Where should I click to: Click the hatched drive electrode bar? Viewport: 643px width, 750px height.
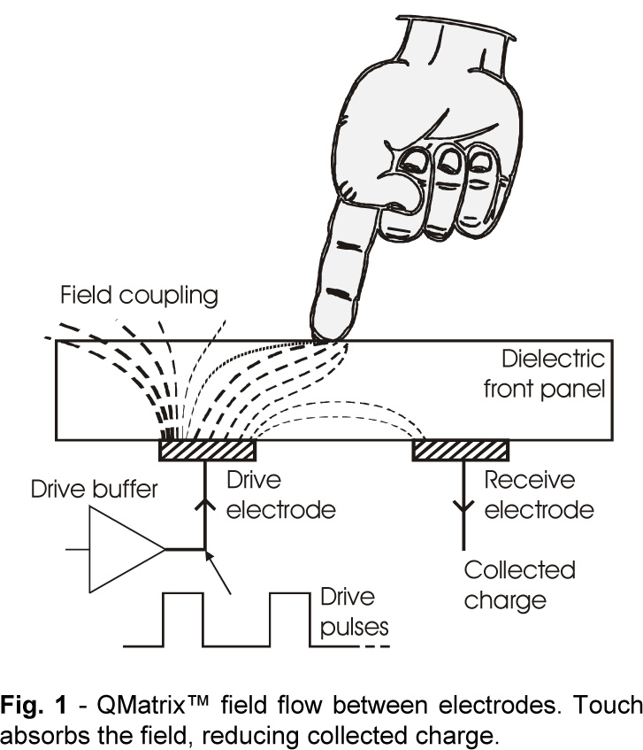[207, 450]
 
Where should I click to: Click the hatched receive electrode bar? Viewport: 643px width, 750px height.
[460, 450]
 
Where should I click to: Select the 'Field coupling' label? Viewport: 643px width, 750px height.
[139, 295]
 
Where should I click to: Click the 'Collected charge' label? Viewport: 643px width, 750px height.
[519, 584]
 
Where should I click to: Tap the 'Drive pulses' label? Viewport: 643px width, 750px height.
[355, 612]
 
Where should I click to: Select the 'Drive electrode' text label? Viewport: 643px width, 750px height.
[265, 495]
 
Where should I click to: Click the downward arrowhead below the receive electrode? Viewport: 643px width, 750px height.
[460, 507]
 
